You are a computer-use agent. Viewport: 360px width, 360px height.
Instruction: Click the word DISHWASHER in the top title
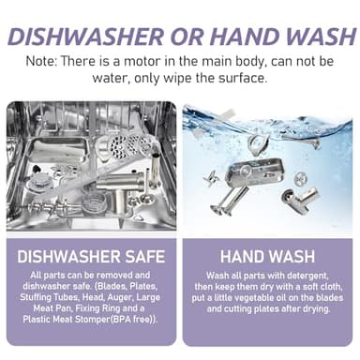pos(85,37)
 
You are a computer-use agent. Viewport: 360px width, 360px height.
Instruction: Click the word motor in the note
pos(142,61)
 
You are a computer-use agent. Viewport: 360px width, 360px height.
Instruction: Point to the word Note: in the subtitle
pos(41,61)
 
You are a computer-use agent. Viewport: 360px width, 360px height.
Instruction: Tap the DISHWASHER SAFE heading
pos(91,257)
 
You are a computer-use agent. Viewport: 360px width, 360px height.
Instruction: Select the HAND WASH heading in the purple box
pos(267,257)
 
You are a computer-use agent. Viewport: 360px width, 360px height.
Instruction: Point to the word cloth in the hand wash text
pos(333,287)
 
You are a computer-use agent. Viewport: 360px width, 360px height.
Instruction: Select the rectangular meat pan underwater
pos(255,172)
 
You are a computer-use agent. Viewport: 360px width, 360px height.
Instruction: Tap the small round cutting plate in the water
pos(301,179)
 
